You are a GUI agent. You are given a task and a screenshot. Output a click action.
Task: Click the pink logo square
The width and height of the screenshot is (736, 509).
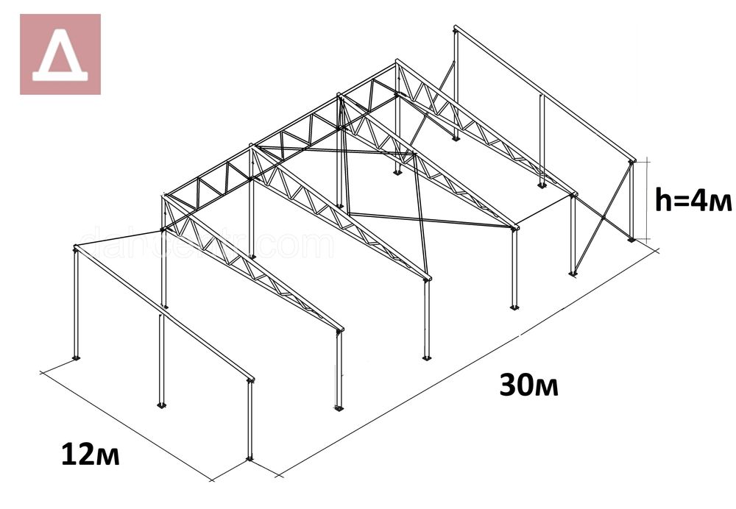[60, 54]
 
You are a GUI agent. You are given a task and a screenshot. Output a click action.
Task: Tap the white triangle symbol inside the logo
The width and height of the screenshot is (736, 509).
[60, 57]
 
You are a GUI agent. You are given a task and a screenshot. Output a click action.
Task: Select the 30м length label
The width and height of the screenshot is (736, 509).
[528, 385]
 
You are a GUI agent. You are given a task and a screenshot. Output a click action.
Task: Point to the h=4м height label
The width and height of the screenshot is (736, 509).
[695, 198]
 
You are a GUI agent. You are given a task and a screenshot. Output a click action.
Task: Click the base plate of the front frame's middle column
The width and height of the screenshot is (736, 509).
[161, 405]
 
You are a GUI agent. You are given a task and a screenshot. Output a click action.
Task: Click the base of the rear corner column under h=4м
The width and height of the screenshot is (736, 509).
[631, 238]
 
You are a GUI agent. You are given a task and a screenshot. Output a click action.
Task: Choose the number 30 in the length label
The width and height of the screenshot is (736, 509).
[515, 385]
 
